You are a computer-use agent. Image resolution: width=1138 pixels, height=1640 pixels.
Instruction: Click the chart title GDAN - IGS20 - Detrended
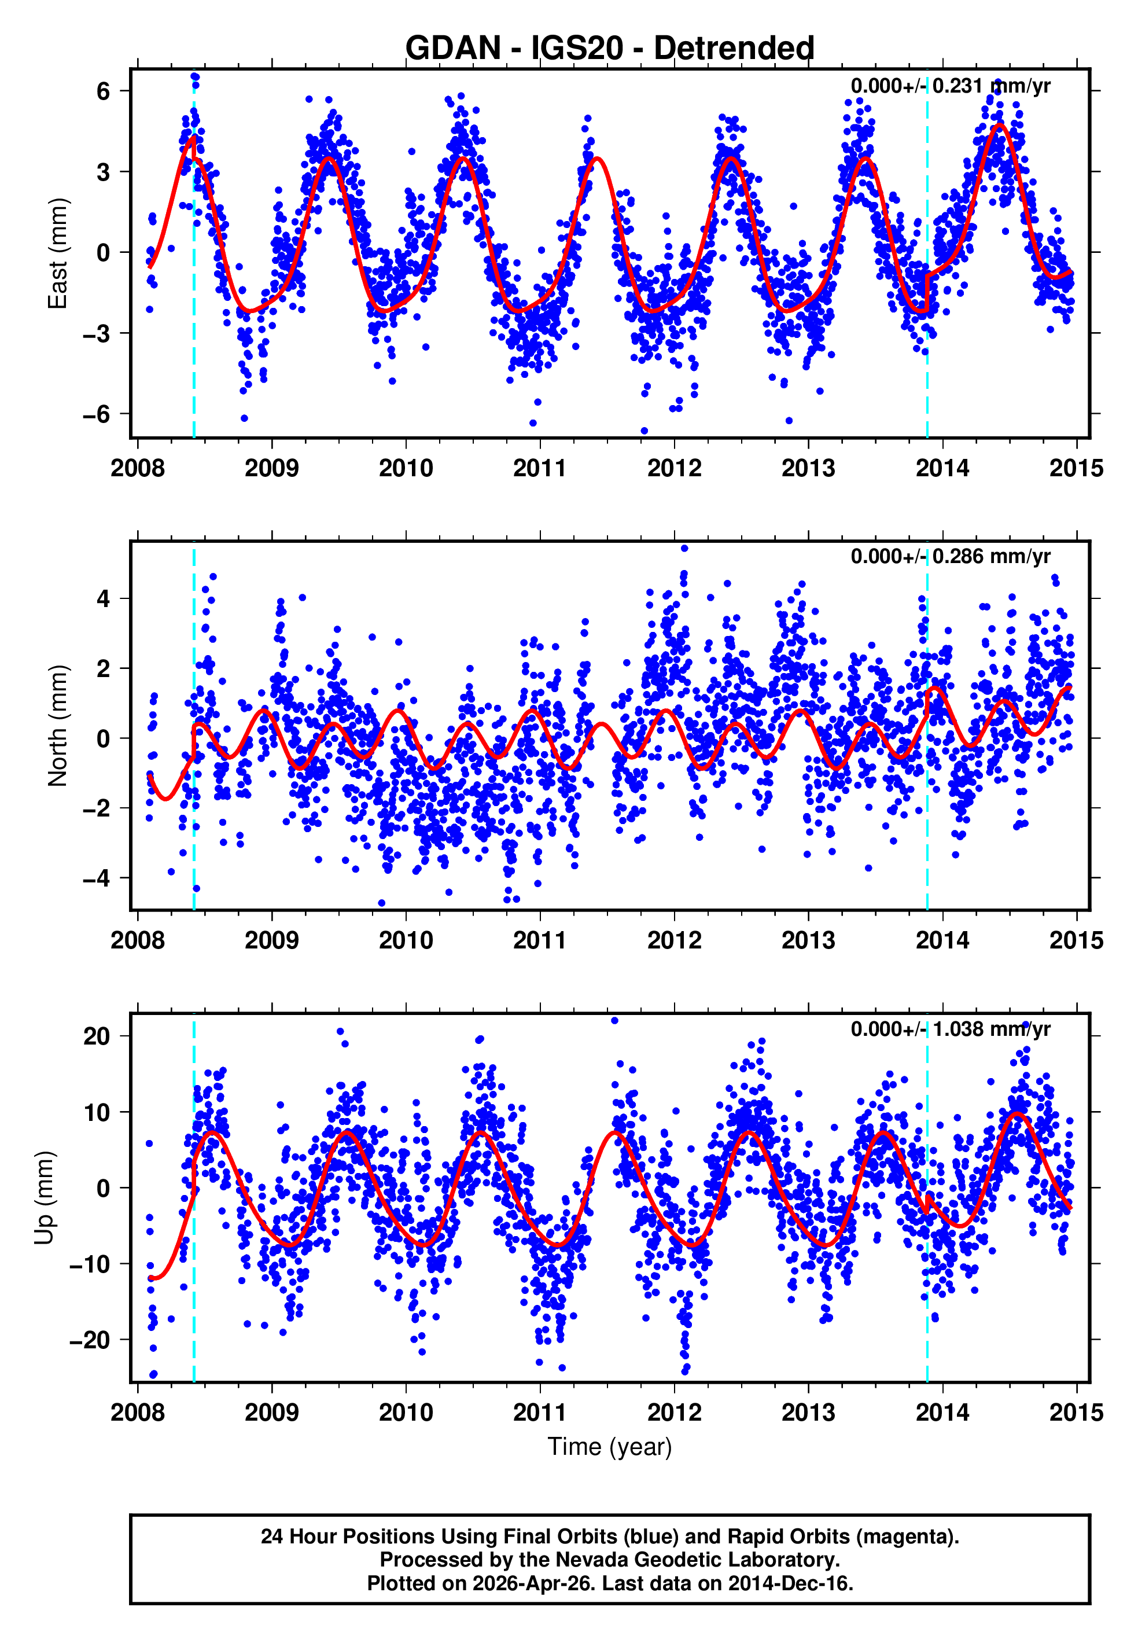pos(610,49)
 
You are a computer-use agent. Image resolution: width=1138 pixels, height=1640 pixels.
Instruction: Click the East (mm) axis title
pos(58,253)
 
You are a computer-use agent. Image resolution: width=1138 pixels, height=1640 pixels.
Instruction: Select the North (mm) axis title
pos(58,726)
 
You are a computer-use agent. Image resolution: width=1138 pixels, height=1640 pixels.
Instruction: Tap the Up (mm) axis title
pos(44,1198)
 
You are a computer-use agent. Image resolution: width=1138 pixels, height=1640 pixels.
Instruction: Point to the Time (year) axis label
pos(610,1447)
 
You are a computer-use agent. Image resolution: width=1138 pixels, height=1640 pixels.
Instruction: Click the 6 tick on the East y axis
pos(104,91)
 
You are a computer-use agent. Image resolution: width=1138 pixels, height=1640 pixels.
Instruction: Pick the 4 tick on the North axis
pos(104,598)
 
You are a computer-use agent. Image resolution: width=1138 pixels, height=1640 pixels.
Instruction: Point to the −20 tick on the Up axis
pos(89,1340)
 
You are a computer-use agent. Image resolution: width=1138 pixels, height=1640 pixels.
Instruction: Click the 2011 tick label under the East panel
pos(540,469)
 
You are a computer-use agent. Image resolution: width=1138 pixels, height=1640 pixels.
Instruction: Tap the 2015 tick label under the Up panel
pos(1076,1413)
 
